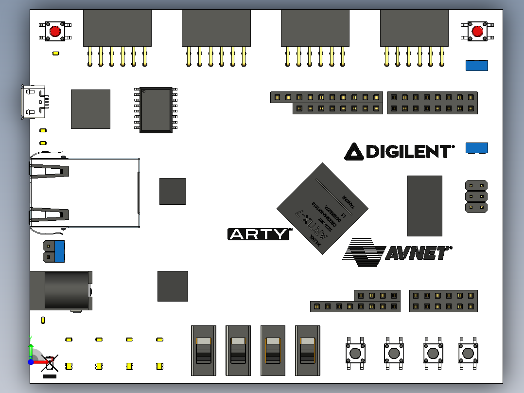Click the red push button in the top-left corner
[55, 31]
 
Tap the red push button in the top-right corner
[477, 31]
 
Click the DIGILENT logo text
[399, 151]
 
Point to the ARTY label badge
[259, 234]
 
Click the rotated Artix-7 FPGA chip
[322, 208]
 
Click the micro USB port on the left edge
[33, 102]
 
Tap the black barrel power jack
[61, 290]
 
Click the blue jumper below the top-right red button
[476, 66]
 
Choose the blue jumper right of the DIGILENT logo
[476, 148]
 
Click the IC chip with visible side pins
[156, 110]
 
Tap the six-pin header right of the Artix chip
[476, 196]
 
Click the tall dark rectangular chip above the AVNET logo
[424, 206]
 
